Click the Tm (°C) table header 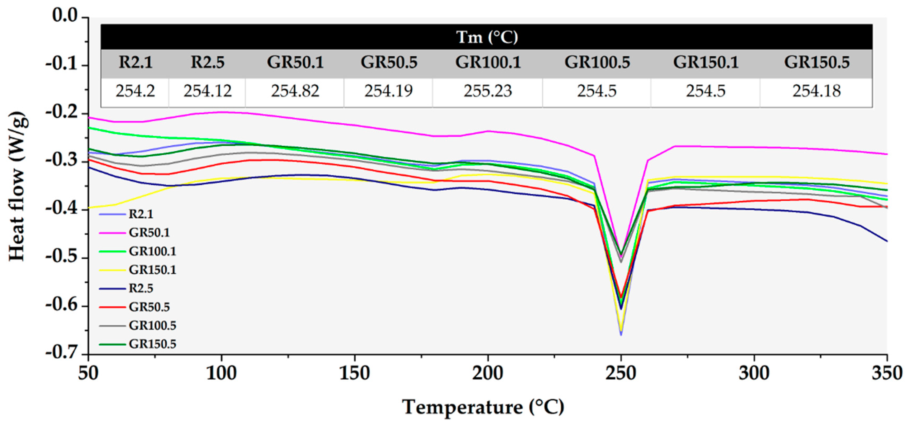point(487,37)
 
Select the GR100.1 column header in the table point(488,63)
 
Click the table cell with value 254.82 point(295,91)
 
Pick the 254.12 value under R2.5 point(207,91)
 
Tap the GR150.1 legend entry point(152,270)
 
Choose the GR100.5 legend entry point(152,326)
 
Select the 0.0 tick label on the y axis point(65,16)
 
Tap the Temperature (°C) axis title point(483,407)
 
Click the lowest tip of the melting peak point(621,335)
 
